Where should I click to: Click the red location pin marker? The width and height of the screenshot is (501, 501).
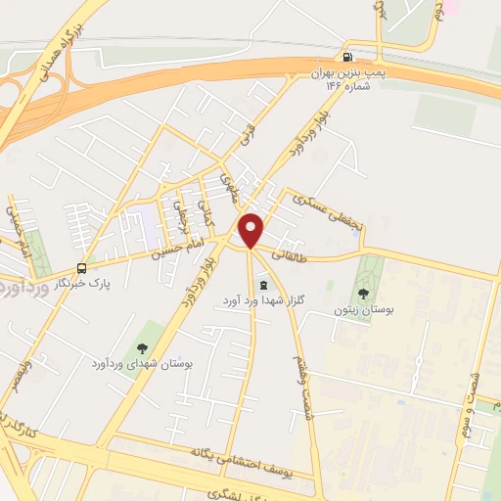click(x=251, y=230)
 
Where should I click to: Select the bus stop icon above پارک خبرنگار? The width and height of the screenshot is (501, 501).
click(x=82, y=267)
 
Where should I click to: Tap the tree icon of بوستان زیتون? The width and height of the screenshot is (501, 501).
click(x=364, y=292)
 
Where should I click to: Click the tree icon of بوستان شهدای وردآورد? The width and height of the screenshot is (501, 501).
click(x=143, y=346)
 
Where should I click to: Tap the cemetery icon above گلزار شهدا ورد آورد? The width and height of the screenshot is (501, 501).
click(x=261, y=283)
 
